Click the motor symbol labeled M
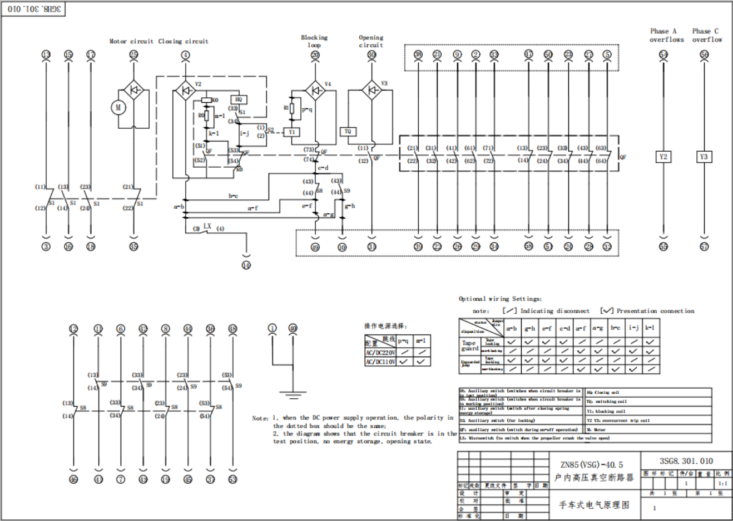coord(118,107)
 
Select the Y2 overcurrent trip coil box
coord(663,157)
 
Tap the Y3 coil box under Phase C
coord(704,157)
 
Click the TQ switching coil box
coord(348,132)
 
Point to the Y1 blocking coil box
coord(291,132)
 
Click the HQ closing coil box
coord(239,100)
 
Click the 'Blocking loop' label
coord(314,41)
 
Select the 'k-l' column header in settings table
coord(650,328)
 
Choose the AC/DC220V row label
coord(380,353)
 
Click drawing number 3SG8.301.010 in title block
coord(686,461)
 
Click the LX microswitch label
coord(207,227)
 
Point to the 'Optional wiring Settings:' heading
coord(500,299)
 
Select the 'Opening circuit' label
coord(371,41)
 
